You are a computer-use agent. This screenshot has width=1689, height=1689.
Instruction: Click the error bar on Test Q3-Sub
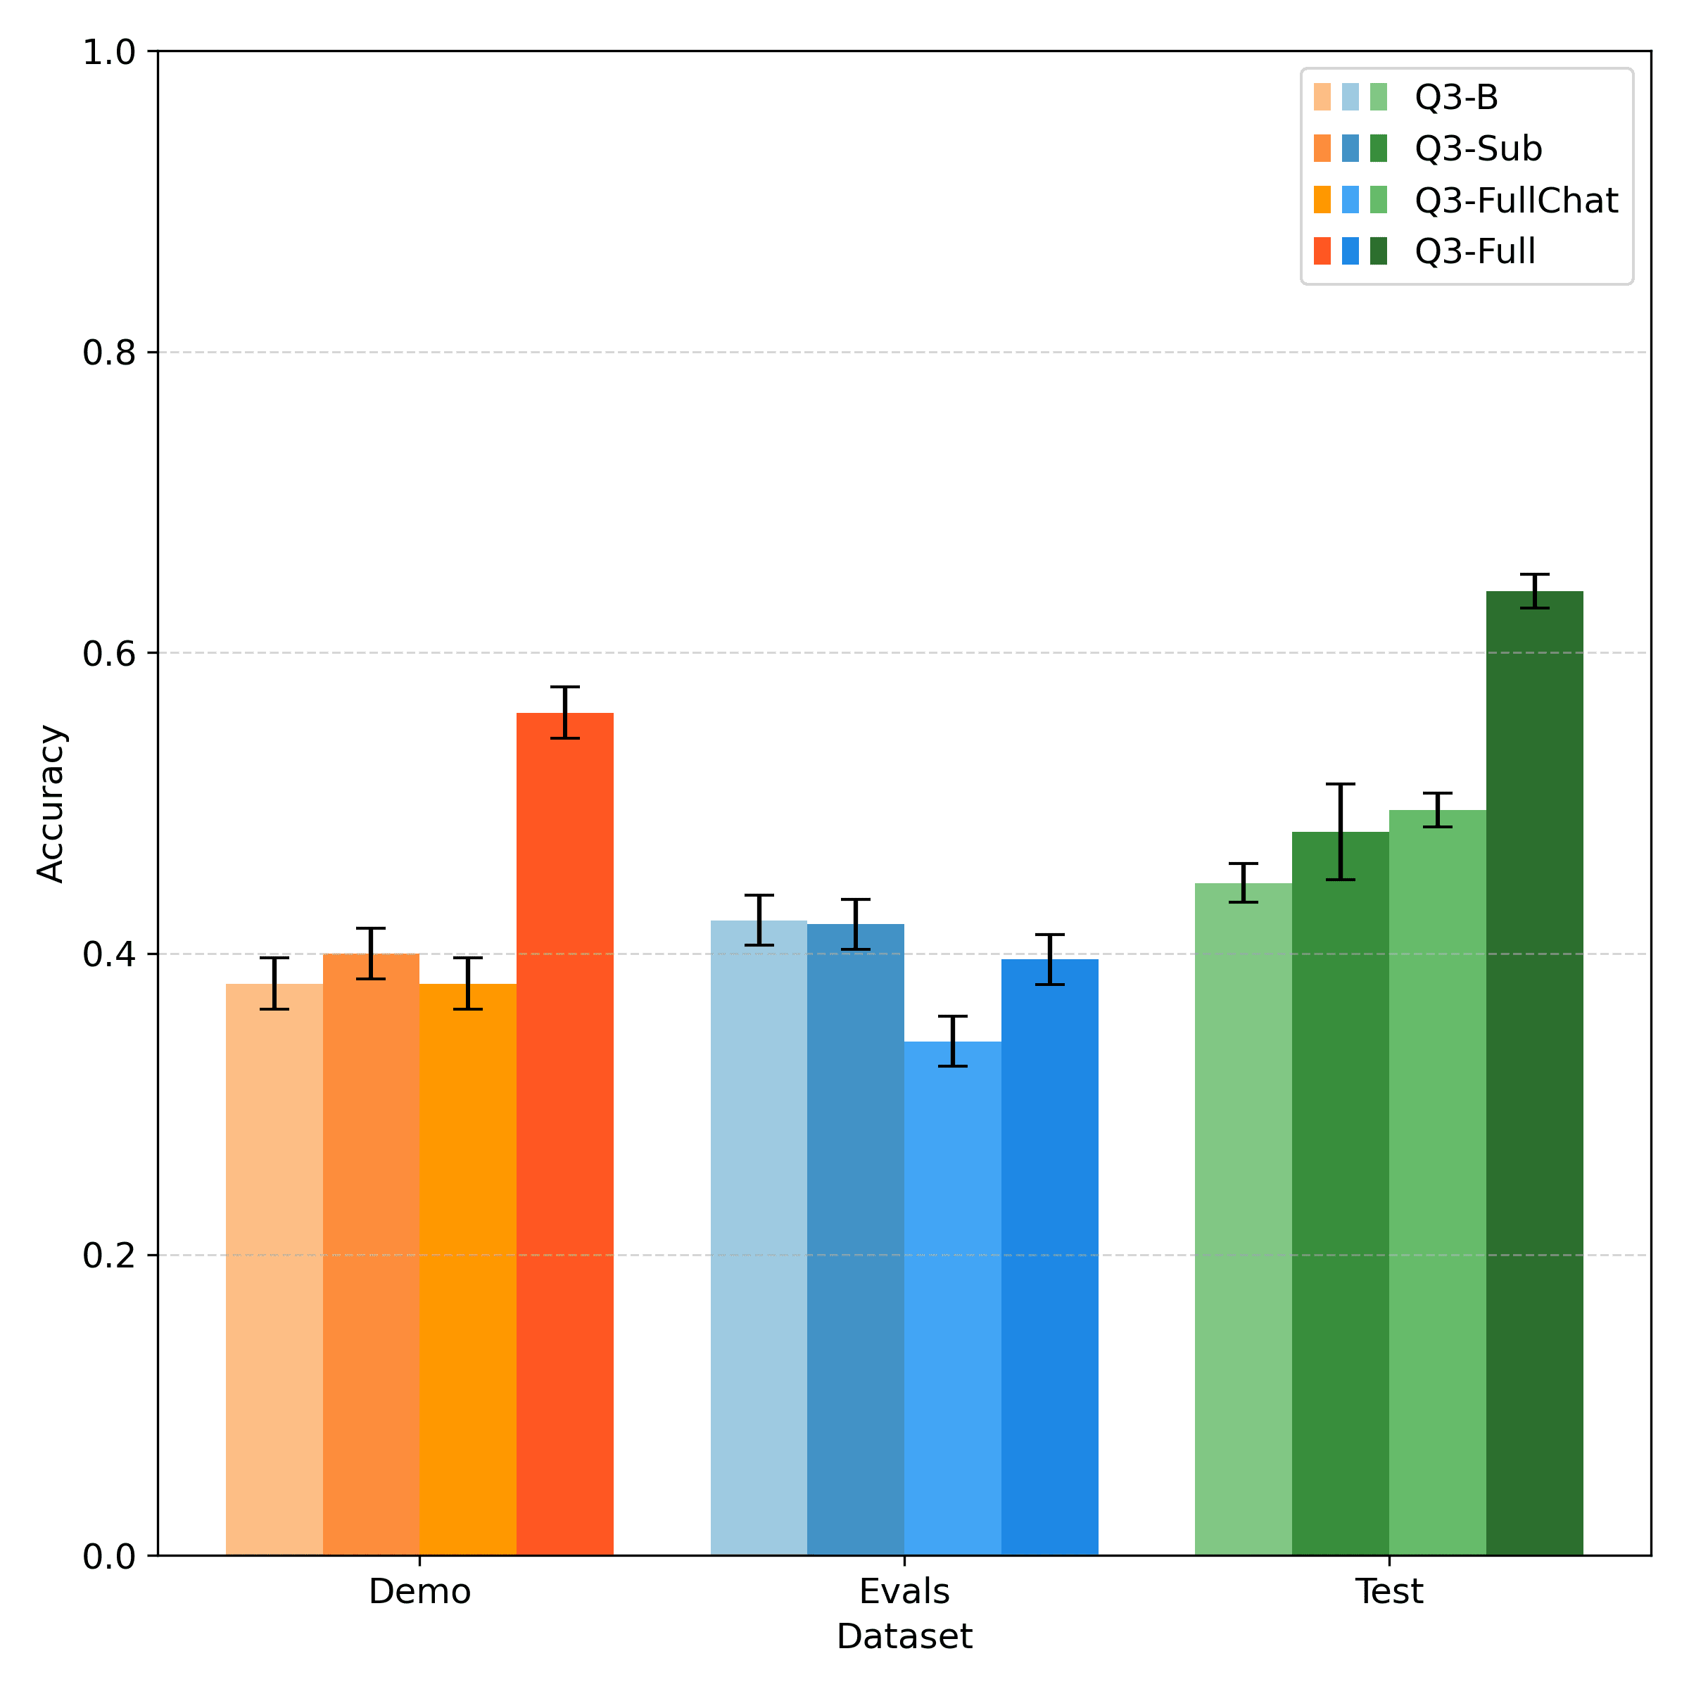click(x=1340, y=831)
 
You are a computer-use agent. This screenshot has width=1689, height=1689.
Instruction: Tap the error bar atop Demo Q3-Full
click(x=564, y=712)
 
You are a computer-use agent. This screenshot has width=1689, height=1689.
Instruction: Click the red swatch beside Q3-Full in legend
click(x=1322, y=252)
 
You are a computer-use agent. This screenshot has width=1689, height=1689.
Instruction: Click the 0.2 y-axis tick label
click(x=109, y=1255)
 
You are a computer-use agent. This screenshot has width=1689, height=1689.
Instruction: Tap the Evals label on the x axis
click(x=904, y=1592)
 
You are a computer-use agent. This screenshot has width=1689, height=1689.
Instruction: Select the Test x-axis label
click(x=1388, y=1592)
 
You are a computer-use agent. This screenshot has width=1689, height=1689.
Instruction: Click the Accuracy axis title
click(x=51, y=804)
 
